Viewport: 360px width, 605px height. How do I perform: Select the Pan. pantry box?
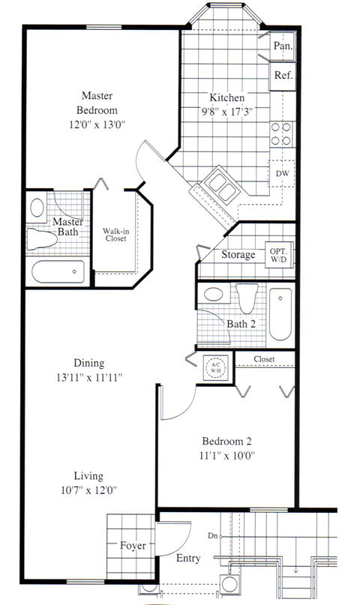[x=283, y=45]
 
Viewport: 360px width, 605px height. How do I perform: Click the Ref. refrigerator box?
[x=283, y=76]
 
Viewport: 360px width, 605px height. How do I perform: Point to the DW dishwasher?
[x=282, y=173]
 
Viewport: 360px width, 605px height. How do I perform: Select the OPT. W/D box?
[x=277, y=254]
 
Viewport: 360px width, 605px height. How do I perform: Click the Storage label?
[x=238, y=255]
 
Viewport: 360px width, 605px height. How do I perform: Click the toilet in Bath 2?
[x=247, y=298]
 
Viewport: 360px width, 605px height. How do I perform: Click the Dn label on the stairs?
[x=213, y=536]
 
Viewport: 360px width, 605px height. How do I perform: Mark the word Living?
[x=88, y=476]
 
